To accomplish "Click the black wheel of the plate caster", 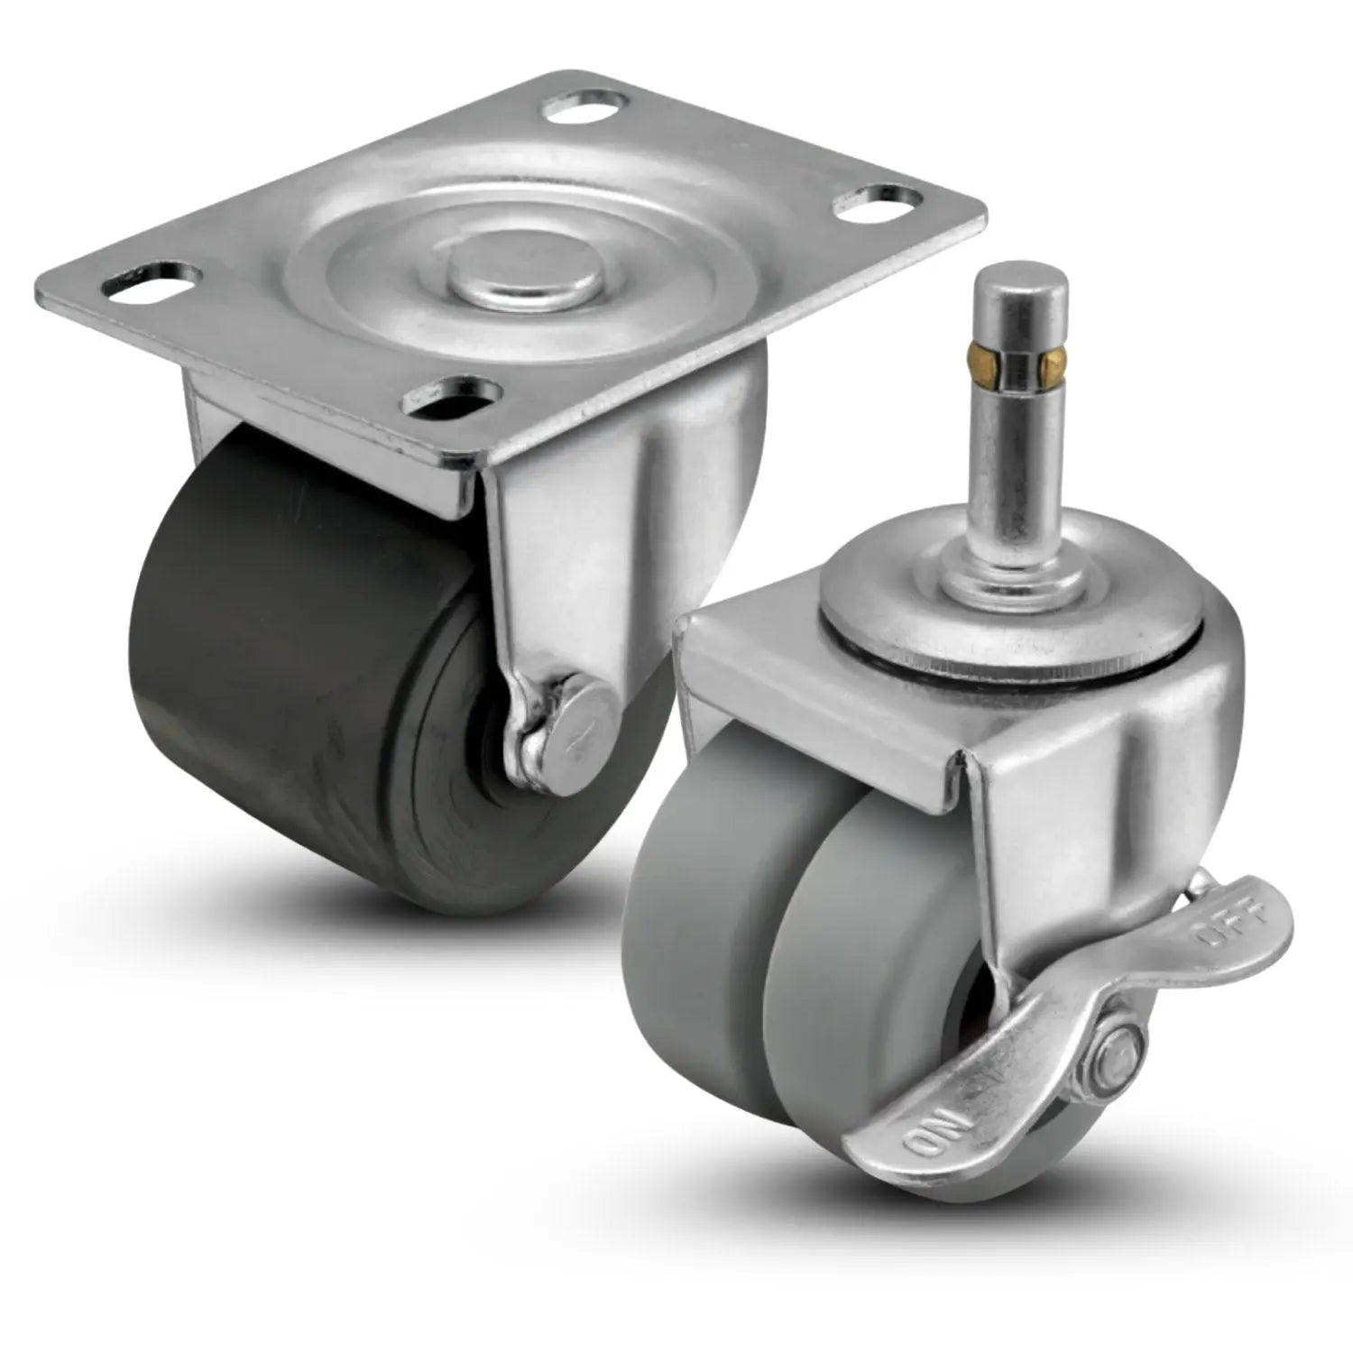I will click(x=298, y=667).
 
